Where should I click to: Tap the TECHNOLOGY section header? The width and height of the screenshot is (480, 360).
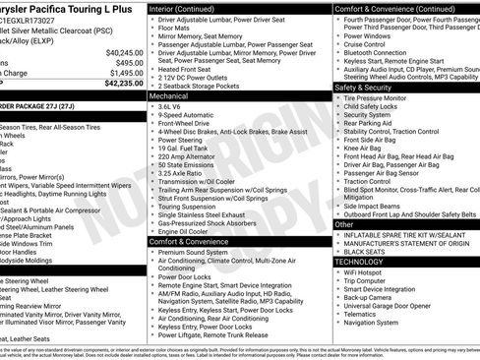coord(360,262)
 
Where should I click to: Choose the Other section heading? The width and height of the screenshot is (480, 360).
coord(344,224)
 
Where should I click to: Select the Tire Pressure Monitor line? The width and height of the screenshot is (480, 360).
coord(384,97)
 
